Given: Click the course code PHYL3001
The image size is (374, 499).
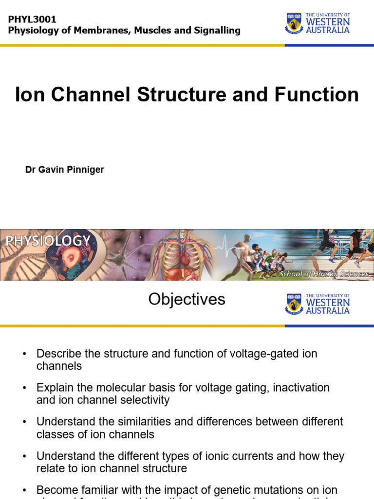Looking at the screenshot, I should pyautogui.click(x=33, y=19).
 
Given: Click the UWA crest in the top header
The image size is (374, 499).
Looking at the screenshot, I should pyautogui.click(x=293, y=23).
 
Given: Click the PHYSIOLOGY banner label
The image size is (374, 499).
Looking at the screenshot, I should pyautogui.click(x=48, y=241).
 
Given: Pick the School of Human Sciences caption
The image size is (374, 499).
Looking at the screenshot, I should pyautogui.click(x=323, y=274).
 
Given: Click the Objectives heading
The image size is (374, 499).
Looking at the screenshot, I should pyautogui.click(x=187, y=299).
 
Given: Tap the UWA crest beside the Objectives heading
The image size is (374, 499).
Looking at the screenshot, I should pyautogui.click(x=293, y=304).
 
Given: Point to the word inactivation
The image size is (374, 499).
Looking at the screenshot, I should pyautogui.click(x=301, y=388).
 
